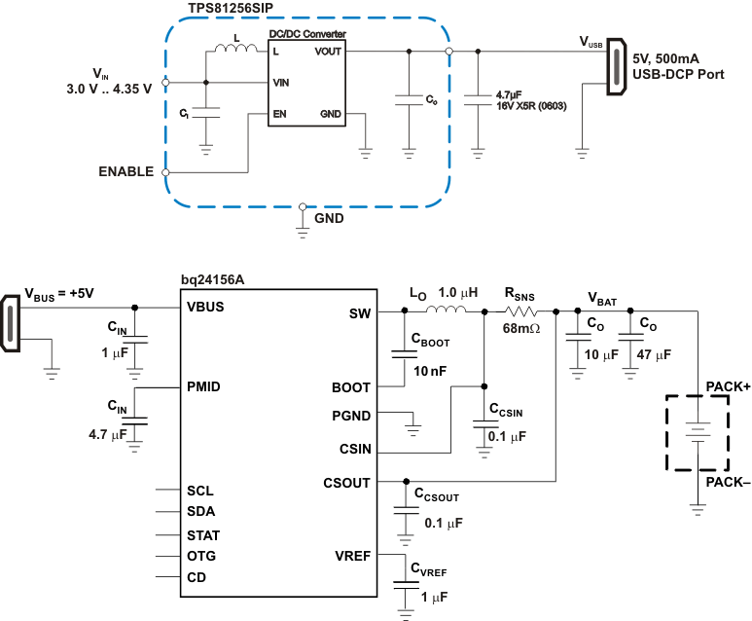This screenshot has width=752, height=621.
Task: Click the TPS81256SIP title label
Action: click(230, 8)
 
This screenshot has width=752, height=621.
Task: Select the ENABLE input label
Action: click(125, 172)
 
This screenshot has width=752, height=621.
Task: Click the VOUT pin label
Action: click(328, 52)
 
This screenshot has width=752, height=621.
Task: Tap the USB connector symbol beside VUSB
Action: click(614, 68)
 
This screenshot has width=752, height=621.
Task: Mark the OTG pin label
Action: click(201, 556)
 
